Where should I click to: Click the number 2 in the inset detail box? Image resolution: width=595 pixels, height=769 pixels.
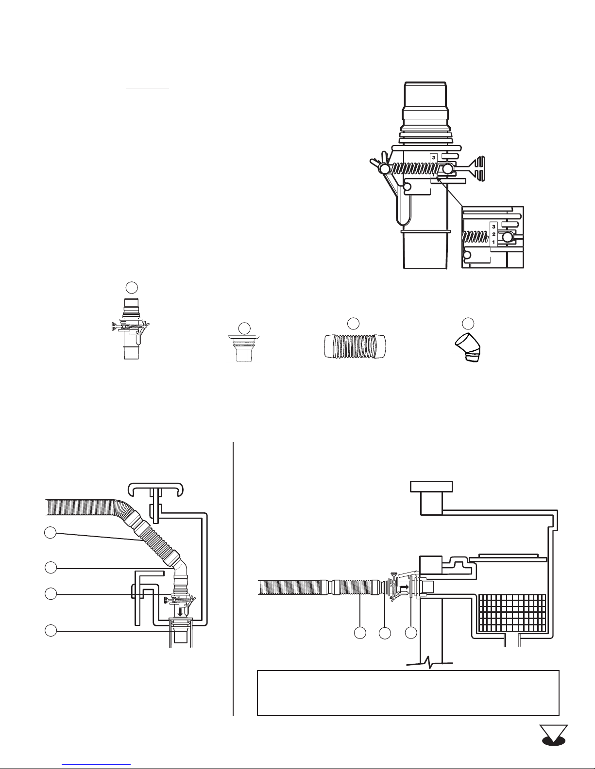pyautogui.click(x=493, y=234)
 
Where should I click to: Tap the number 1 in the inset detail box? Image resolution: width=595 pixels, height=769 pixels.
pyautogui.click(x=493, y=243)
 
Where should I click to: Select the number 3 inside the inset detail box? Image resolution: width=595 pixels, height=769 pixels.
pyautogui.click(x=493, y=227)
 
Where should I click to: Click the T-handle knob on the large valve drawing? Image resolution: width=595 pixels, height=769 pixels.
pyautogui.click(x=475, y=169)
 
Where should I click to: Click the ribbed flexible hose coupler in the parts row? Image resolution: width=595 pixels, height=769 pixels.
pyautogui.click(x=355, y=346)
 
